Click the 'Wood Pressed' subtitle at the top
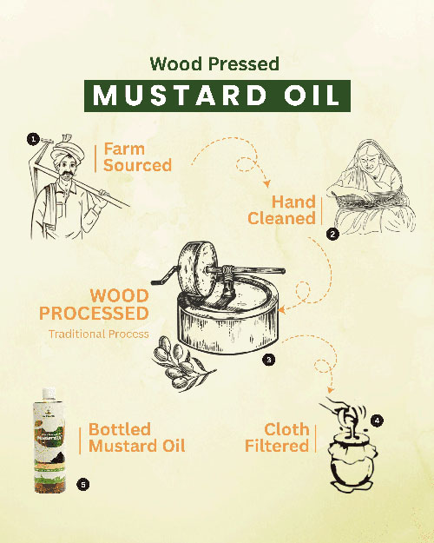pos(216,63)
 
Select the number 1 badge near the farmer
pos(32,138)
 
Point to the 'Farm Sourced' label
pos(137,156)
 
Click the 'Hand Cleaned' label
pos(281,209)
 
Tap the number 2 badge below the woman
pos(332,233)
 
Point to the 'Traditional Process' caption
pos(98,334)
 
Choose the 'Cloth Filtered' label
pos(286,438)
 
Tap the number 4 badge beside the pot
pos(376,420)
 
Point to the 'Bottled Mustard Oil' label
pos(136,438)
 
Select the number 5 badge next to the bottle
pos(82,484)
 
